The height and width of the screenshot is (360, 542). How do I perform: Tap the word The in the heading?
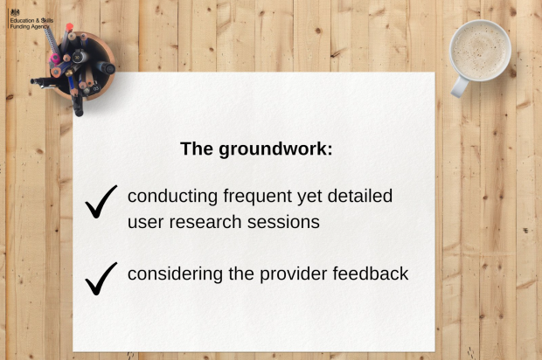pyautogui.click(x=197, y=149)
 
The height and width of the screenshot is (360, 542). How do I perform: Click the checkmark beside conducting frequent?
pyautogui.click(x=101, y=202)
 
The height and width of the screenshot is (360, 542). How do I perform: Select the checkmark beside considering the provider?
pyautogui.click(x=101, y=279)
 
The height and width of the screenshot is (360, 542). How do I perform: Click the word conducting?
pyautogui.click(x=172, y=197)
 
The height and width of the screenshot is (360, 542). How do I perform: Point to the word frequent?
pyautogui.click(x=258, y=197)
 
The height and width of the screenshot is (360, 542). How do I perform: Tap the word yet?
pyautogui.click(x=309, y=197)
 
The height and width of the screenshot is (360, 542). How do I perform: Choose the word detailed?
pyautogui.click(x=360, y=196)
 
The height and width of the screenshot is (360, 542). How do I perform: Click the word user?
pyautogui.click(x=145, y=223)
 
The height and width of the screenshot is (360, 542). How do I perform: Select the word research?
pyautogui.click(x=205, y=222)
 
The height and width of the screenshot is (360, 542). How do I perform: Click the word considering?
pyautogui.click(x=175, y=274)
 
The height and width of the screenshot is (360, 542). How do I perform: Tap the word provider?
pyautogui.click(x=293, y=274)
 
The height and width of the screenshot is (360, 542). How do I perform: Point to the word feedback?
pyautogui.click(x=371, y=274)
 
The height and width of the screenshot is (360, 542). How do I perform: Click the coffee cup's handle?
pyautogui.click(x=459, y=87)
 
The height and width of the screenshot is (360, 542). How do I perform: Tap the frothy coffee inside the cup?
pyautogui.click(x=480, y=51)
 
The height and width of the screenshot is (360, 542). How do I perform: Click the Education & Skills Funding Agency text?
pyautogui.click(x=31, y=24)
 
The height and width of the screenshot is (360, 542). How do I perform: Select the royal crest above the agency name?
pyautogui.click(x=15, y=13)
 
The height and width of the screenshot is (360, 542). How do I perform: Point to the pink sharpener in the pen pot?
pyautogui.click(x=54, y=59)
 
